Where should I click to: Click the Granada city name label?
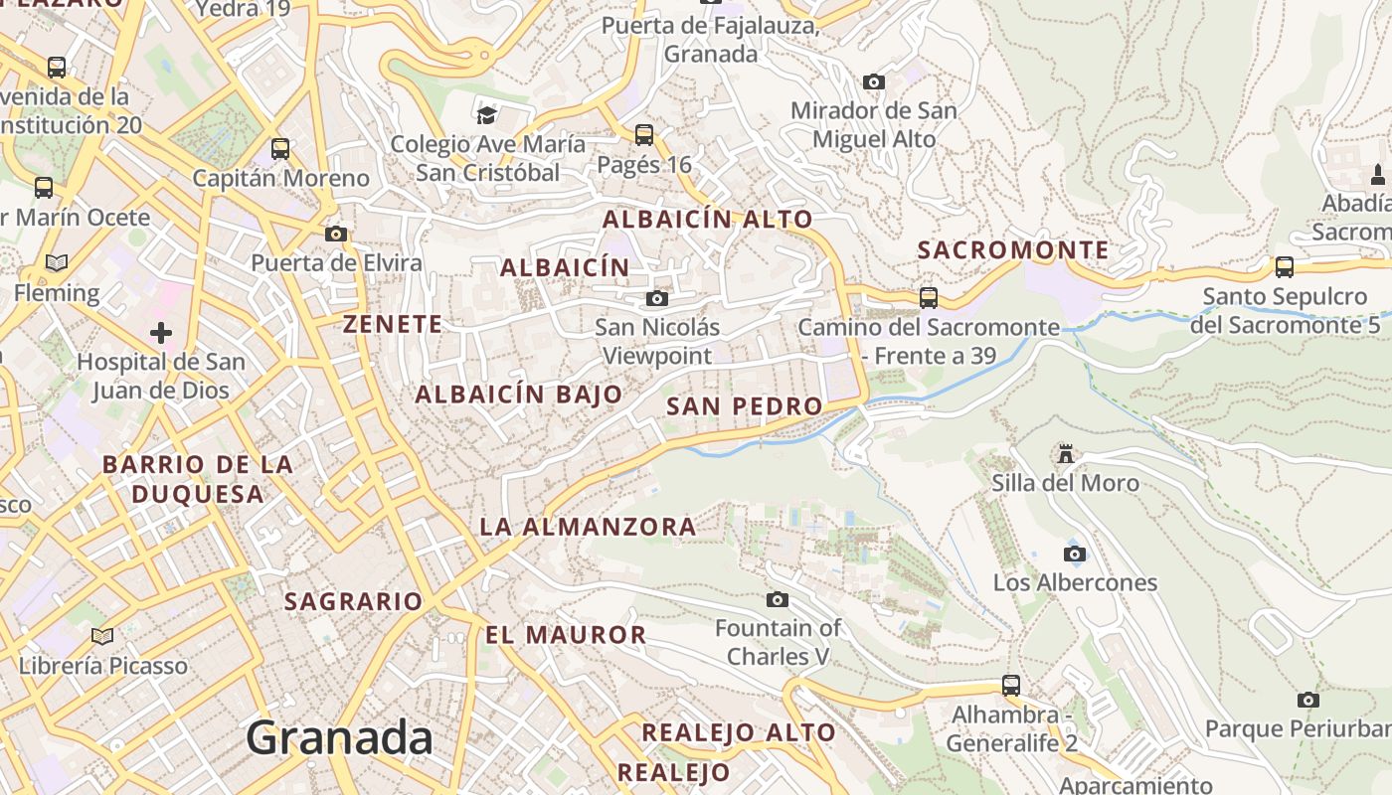coord(339,738)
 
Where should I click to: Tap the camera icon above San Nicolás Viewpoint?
coord(656,298)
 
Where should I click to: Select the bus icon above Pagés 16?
coord(644,134)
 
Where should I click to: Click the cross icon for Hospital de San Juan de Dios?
coord(161,332)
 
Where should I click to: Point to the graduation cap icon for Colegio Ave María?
coord(486,115)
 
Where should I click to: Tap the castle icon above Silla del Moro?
coord(1066,454)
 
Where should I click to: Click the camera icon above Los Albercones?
coord(1075,554)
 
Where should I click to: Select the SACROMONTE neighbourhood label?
coord(1012,250)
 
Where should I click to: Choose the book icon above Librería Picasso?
coord(102,635)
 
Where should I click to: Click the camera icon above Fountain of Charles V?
coord(778,599)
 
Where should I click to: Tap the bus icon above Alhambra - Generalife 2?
coord(1011,685)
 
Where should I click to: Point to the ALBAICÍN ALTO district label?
coord(708,220)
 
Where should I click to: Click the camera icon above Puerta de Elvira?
coord(336,234)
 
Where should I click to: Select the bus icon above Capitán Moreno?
coord(280,149)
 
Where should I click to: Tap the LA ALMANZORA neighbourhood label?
coord(588,527)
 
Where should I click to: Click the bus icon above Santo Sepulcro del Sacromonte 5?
coord(1285,266)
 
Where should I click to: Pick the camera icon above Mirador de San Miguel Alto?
coord(874,81)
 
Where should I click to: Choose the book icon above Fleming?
coord(57,262)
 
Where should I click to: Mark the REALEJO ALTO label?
coord(739,733)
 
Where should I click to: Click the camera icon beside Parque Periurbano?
coord(1308,700)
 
